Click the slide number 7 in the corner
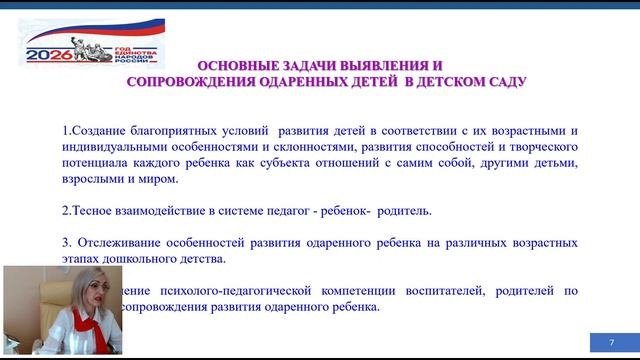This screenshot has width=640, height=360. (611, 343)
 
